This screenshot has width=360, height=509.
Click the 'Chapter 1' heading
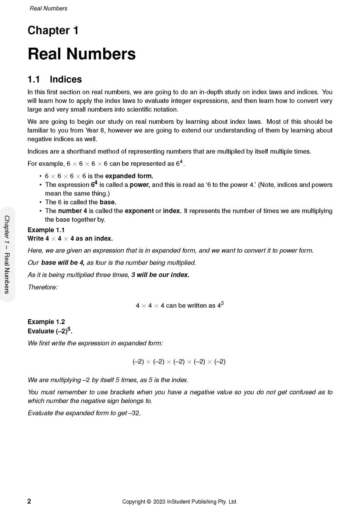(x=53, y=31)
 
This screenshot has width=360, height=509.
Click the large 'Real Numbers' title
(x=81, y=54)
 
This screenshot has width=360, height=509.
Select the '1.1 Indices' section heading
(x=55, y=80)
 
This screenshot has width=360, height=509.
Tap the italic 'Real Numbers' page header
(x=49, y=8)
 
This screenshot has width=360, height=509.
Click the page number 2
(x=29, y=502)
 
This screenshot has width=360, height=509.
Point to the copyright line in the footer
(x=180, y=502)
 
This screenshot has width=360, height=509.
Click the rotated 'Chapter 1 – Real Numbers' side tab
(x=7, y=254)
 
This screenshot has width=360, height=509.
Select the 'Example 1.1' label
(x=46, y=230)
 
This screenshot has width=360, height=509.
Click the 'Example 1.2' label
(x=46, y=322)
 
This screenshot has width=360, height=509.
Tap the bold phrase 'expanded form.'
(x=129, y=176)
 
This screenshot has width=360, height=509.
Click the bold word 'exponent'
(x=139, y=211)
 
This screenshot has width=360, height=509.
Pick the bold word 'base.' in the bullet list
(x=108, y=202)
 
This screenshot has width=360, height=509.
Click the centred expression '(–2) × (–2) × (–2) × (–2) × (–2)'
(x=179, y=362)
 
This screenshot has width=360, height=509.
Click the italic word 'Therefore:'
(x=42, y=287)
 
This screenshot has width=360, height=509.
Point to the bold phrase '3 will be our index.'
(x=160, y=275)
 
